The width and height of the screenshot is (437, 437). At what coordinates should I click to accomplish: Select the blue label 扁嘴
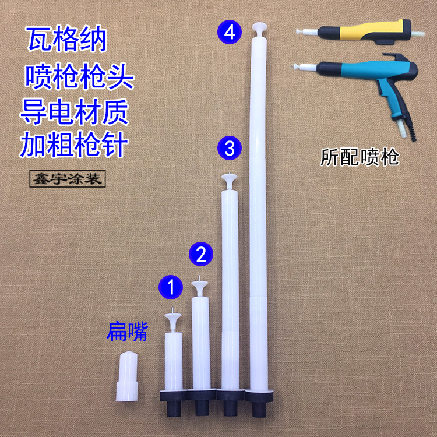coord(127,332)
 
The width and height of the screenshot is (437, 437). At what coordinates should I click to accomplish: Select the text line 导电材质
coord(74,110)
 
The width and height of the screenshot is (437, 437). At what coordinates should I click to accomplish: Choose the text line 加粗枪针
coord(74,143)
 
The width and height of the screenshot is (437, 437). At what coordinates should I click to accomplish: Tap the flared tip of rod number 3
coord(228,178)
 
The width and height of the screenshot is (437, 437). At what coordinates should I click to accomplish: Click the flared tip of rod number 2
coord(200,286)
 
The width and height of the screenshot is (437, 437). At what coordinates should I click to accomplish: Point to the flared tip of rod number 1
coord(173,318)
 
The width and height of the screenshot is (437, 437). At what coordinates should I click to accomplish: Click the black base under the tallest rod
coord(258,403)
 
